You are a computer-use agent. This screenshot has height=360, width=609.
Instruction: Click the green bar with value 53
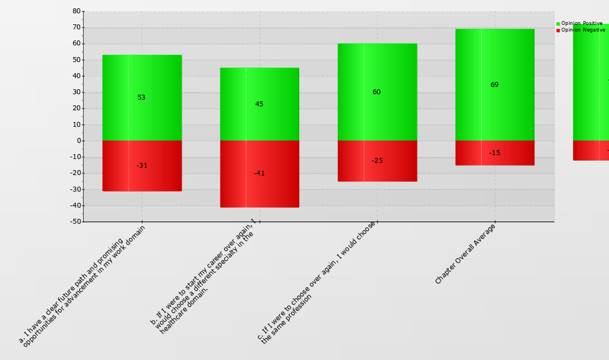pyautogui.click(x=142, y=97)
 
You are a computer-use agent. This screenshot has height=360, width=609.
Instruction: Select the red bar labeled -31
pyautogui.click(x=142, y=166)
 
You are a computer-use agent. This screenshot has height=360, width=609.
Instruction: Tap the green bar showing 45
pyautogui.click(x=260, y=104)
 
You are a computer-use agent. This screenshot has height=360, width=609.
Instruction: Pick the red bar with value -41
pyautogui.click(x=260, y=173)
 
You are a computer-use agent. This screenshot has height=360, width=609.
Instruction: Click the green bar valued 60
pyautogui.click(x=377, y=92)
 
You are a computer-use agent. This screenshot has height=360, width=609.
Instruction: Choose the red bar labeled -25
pyautogui.click(x=377, y=161)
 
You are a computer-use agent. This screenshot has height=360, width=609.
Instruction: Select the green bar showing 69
pyautogui.click(x=494, y=85)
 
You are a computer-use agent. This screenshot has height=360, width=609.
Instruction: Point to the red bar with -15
pyautogui.click(x=494, y=153)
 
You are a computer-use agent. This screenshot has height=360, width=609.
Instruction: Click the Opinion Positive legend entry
pyautogui.click(x=581, y=23)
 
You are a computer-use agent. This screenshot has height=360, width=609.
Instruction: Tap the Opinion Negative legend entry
pyautogui.click(x=583, y=30)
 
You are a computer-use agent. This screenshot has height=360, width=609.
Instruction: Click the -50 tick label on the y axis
pyautogui.click(x=75, y=222)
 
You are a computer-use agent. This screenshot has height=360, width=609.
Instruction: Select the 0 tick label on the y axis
pyautogui.click(x=78, y=141)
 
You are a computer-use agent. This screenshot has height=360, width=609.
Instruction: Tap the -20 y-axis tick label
pyautogui.click(x=75, y=173)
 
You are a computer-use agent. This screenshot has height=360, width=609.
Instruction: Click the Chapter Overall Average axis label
pyautogui.click(x=465, y=254)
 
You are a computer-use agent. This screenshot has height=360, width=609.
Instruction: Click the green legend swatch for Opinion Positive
pyautogui.click(x=558, y=23)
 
